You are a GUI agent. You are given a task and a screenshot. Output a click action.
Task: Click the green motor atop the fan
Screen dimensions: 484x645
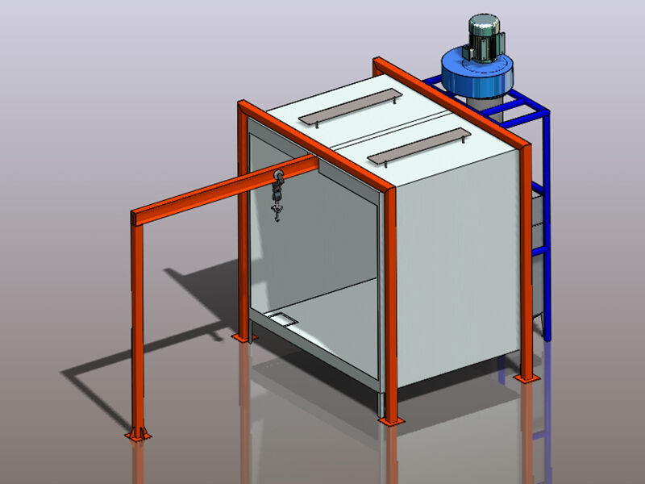[482, 37]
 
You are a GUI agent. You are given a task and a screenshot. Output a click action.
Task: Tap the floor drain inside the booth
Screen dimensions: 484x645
[285, 320]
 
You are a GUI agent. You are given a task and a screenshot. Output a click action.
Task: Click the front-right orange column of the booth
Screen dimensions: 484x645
[388, 298]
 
